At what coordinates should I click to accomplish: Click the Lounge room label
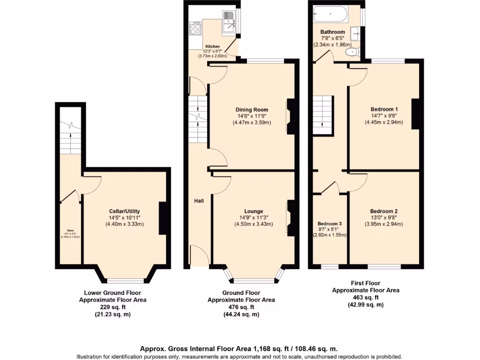253,211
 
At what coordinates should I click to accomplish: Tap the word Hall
199,201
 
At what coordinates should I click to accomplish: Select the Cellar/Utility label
124,211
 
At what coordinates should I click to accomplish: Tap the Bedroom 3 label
330,224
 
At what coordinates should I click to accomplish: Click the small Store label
70,230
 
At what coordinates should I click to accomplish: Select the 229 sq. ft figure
112,307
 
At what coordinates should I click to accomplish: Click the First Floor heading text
365,283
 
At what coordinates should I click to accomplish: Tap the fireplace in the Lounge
291,217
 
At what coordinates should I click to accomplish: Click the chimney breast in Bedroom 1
415,113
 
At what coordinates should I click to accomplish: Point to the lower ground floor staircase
70,136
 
